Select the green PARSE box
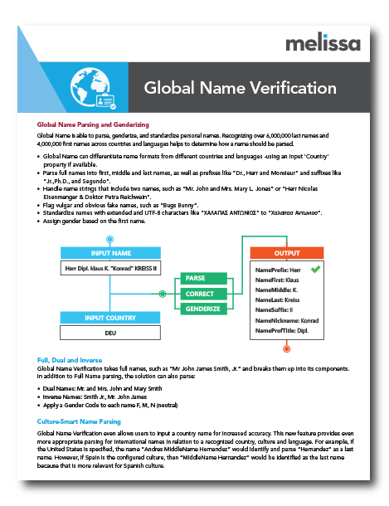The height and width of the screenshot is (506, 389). [x=196, y=278]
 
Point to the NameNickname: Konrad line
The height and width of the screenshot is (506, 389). [x=287, y=319]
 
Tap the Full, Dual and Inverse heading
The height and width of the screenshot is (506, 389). [x=71, y=359]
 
